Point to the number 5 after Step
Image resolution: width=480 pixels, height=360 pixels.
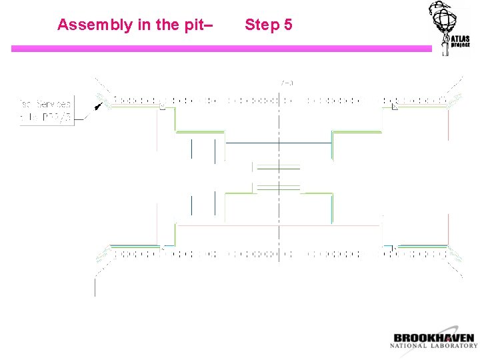[x=287, y=25]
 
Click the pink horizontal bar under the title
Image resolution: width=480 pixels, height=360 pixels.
[x=220, y=49]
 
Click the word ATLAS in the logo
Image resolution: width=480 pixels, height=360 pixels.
[x=460, y=39]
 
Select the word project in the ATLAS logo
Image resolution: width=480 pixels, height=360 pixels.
[x=461, y=46]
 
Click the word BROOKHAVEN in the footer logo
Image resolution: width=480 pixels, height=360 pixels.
[x=434, y=338]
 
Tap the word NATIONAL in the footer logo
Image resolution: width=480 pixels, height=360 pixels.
[x=410, y=346]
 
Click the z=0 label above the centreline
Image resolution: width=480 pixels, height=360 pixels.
[x=287, y=83]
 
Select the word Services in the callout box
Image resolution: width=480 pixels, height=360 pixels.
[x=54, y=105]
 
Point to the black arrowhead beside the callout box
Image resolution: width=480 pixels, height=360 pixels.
[x=99, y=105]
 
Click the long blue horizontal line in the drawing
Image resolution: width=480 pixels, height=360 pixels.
[x=279, y=143]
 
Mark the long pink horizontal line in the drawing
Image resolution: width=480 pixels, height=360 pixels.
[x=279, y=225]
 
